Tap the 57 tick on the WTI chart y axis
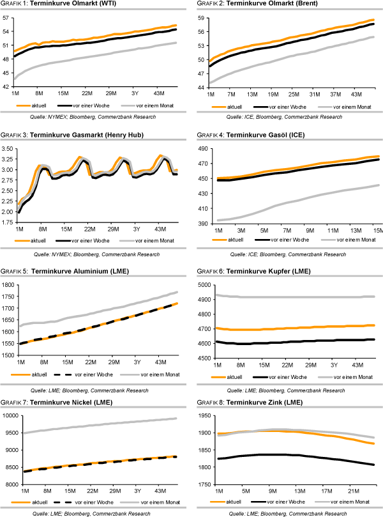7,19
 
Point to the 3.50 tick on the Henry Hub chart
8,148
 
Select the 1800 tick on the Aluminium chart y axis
7,284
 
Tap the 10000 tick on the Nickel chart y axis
8,415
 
